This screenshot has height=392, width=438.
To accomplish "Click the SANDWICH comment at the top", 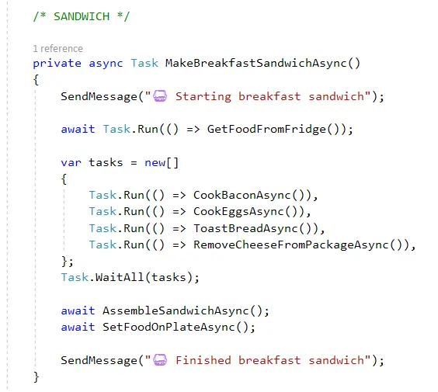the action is coord(82,16).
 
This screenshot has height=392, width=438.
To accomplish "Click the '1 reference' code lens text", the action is coord(57,49).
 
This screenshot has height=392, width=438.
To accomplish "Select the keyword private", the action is coord(57,64).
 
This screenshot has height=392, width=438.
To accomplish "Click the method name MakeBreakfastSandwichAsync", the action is coord(255,63).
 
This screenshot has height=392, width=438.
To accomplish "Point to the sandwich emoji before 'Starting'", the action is coord(160,96).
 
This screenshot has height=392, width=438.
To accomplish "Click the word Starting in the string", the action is coord(203,97).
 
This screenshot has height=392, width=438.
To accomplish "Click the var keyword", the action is coord(71,162).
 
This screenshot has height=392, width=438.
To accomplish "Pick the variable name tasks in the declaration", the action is coord(106,162).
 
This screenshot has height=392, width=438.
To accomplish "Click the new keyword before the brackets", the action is coord(155,162).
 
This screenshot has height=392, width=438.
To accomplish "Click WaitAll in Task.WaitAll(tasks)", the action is coord(120,277).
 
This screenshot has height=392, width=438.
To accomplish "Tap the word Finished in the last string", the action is coord(203,360).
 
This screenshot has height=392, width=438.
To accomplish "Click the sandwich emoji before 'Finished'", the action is coord(160,360).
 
